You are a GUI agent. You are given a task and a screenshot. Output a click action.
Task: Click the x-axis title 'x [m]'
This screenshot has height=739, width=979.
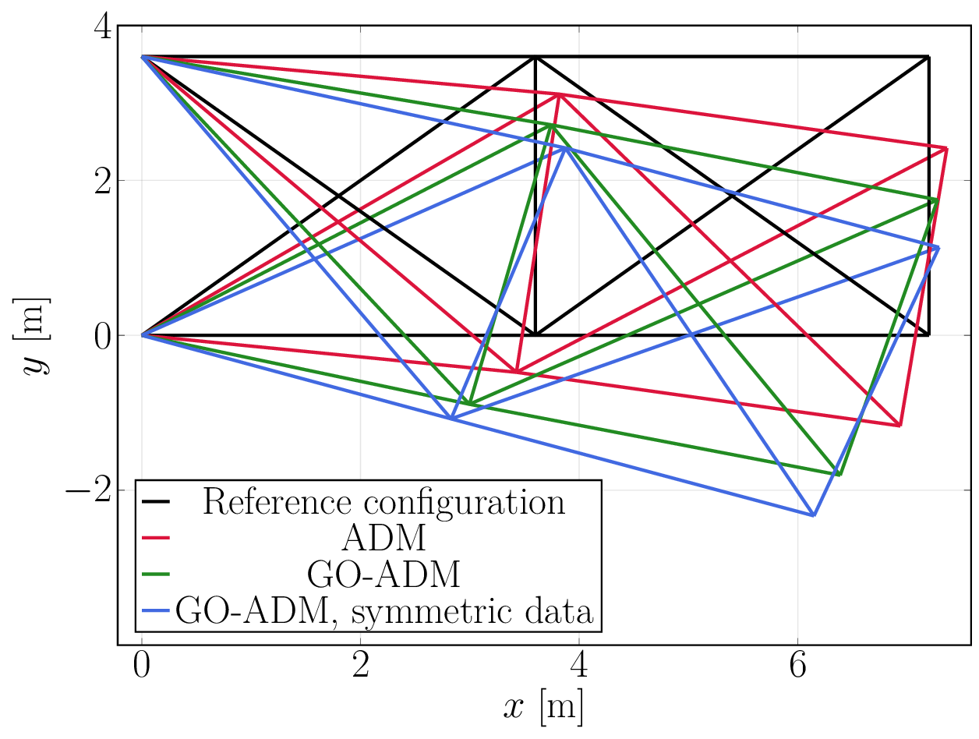[543, 708]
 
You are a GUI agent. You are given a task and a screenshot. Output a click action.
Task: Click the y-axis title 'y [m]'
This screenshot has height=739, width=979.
[36, 335]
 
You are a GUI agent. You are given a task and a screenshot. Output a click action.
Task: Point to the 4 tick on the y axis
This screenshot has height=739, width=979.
[101, 27]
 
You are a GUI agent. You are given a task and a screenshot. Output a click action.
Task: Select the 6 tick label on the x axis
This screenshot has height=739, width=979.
[797, 669]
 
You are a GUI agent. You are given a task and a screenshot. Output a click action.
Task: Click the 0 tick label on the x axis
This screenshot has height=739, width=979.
[141, 669]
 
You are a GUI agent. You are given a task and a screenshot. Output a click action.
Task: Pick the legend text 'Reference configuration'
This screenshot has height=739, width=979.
[383, 502]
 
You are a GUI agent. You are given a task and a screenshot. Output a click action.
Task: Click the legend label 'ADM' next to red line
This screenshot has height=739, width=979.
[383, 538]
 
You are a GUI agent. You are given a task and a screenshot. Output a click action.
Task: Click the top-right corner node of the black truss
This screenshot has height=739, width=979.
[928, 57]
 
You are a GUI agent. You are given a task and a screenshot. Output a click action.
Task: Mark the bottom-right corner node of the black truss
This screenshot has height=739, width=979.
[928, 335]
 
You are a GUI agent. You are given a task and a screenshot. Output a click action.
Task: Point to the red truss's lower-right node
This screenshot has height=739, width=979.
[900, 426]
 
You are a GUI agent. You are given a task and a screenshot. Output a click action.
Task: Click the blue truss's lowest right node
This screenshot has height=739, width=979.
[814, 515]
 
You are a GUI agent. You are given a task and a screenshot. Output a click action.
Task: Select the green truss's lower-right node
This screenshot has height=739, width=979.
[839, 475]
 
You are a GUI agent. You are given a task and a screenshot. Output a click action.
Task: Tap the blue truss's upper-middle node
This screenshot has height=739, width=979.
[566, 147]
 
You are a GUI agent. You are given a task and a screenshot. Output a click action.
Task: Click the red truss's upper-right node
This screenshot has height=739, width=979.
[946, 148]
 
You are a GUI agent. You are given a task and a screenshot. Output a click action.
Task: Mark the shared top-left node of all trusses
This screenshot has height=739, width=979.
[141, 57]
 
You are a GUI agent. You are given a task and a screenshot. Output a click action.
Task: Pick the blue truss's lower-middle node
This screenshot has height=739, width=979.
[451, 419]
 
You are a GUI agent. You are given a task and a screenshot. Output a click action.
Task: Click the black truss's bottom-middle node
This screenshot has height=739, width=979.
[535, 335]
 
